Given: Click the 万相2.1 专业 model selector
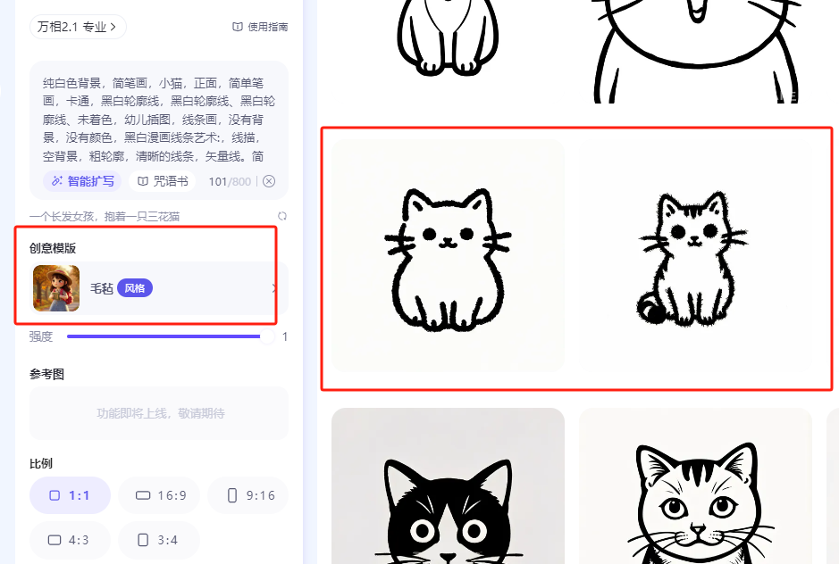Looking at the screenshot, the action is tap(78, 27).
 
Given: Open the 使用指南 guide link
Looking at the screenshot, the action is tap(261, 27).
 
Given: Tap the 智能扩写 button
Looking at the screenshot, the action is tap(82, 181).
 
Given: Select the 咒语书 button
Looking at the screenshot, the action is tap(163, 181).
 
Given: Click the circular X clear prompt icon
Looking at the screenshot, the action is tap(269, 181).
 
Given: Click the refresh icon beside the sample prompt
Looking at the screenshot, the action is tap(282, 216).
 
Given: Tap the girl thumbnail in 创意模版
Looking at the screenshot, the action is tap(56, 288).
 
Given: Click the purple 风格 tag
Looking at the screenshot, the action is tap(135, 288).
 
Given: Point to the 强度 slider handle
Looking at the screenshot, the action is tap(266, 336).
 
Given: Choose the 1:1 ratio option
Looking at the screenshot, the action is tap(70, 495).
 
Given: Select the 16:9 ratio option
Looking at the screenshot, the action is tap(159, 495).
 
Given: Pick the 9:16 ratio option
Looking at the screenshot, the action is tap(248, 495).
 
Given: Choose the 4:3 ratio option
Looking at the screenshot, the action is tap(70, 540).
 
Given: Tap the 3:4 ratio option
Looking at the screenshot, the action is tap(159, 540).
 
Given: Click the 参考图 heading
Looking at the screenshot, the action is tap(47, 374).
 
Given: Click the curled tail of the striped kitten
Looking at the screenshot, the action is tap(650, 309).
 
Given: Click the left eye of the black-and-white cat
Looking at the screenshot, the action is tap(422, 531).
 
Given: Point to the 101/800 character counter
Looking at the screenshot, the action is tap(230, 182).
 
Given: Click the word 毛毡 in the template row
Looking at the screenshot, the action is tap(102, 288).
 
